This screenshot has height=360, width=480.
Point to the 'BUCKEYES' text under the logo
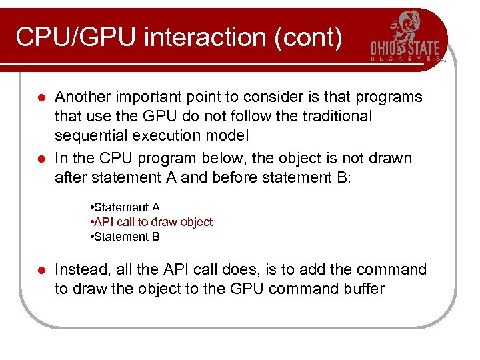(x=405, y=59)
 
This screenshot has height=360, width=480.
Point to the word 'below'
(x=235, y=159)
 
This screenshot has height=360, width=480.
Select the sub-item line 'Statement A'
(x=125, y=208)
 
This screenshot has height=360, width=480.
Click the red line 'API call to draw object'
(x=152, y=222)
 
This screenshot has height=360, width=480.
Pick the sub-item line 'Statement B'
(x=125, y=237)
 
